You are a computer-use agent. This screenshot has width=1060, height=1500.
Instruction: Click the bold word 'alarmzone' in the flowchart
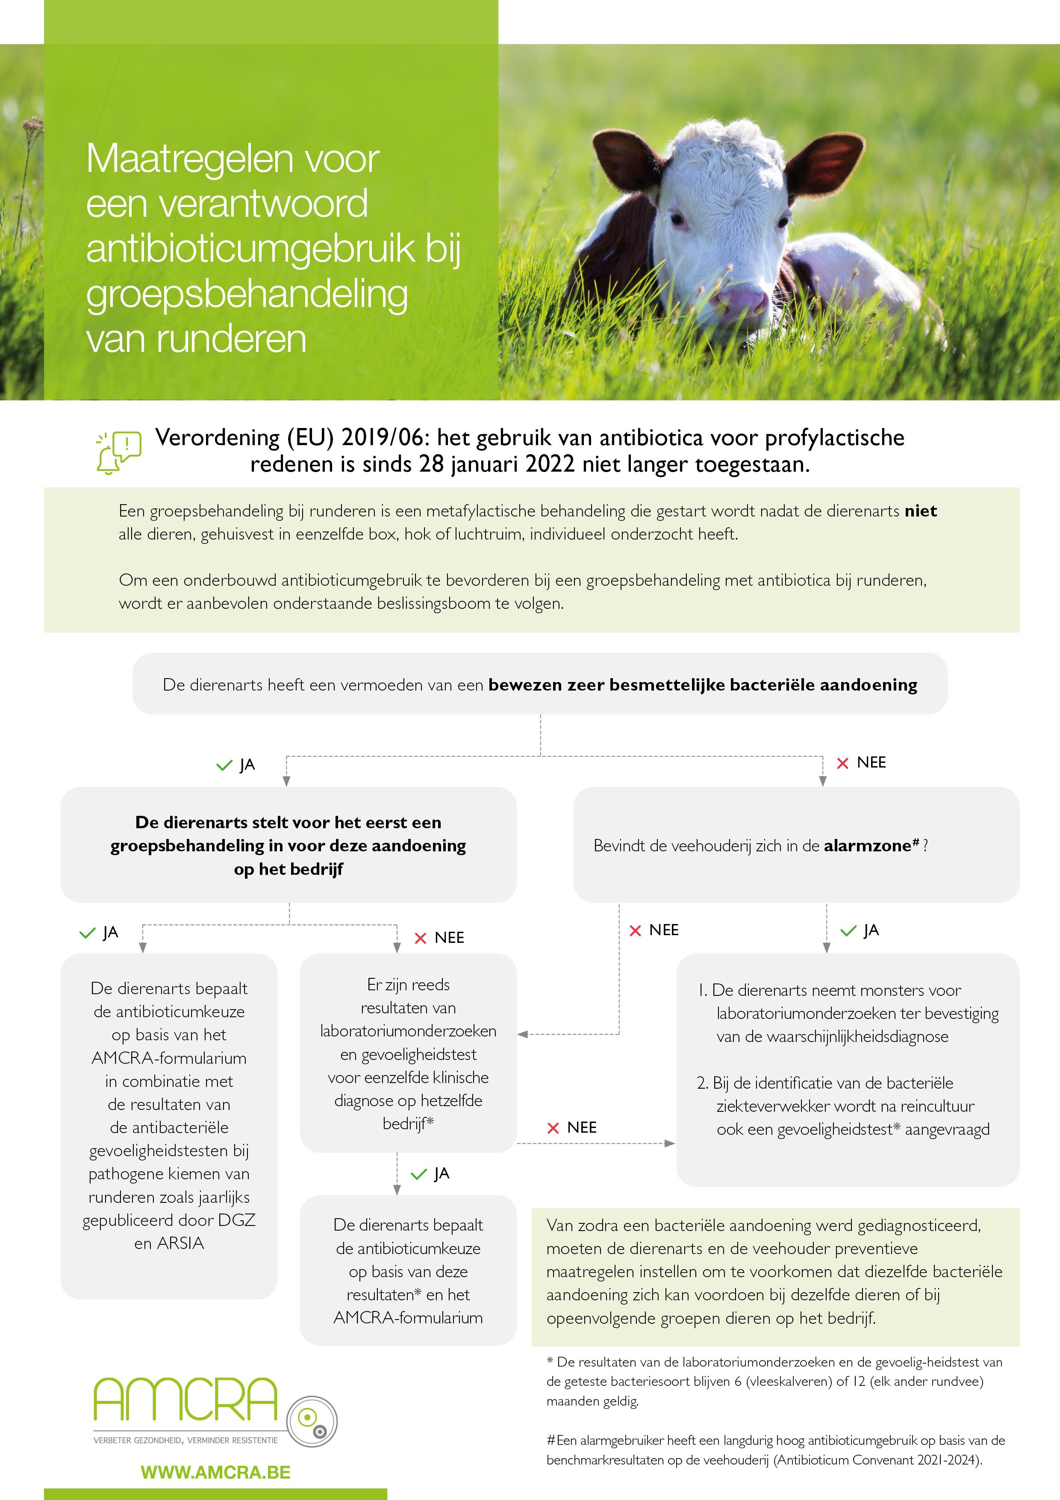click(x=867, y=846)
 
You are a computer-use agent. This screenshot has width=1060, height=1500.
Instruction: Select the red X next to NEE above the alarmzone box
click(x=842, y=763)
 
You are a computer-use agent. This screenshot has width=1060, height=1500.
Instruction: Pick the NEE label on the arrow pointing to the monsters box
click(x=581, y=1128)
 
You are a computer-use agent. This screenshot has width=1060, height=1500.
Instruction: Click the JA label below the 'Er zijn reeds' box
click(x=442, y=1174)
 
